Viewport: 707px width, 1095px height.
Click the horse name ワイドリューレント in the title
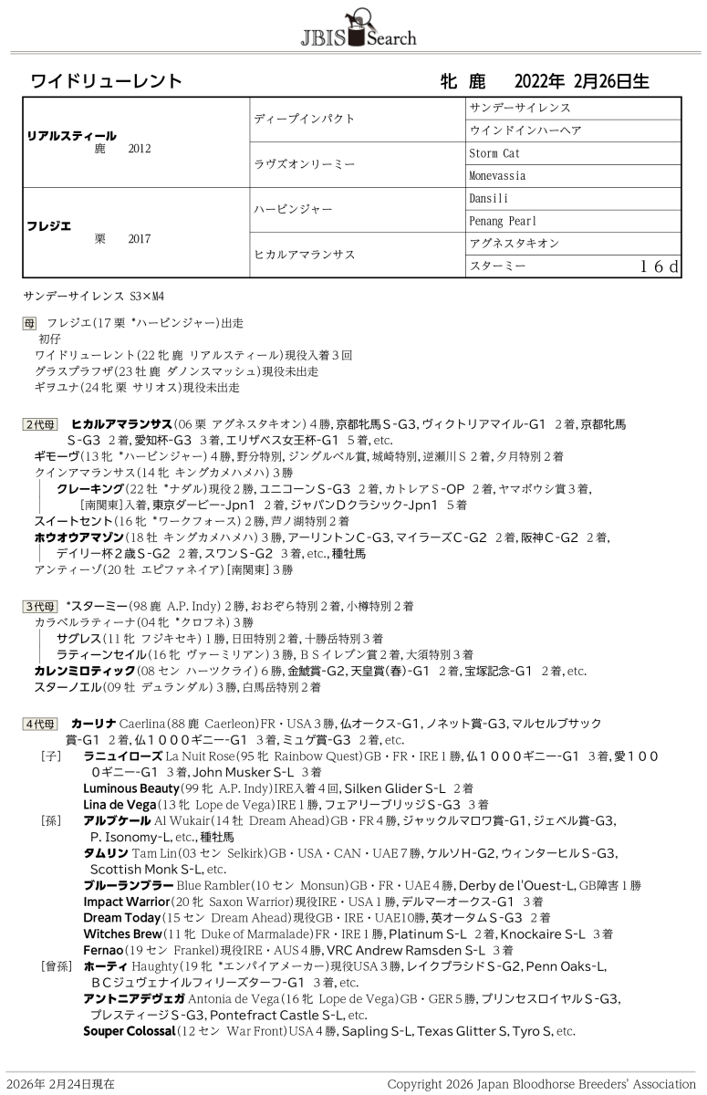coord(107,81)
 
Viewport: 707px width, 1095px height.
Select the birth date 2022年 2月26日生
coord(581,81)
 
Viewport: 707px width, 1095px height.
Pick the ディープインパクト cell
coord(304,119)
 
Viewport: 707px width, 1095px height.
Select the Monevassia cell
coord(497,176)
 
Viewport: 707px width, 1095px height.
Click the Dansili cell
coord(489,198)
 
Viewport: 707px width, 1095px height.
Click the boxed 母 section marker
coord(29,323)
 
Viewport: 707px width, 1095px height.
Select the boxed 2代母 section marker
coord(40,424)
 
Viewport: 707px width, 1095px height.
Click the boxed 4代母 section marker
coord(40,724)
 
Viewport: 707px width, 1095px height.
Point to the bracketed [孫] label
coord(51,820)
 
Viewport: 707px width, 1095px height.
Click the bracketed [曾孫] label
coord(55,966)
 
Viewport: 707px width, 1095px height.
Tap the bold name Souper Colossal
coord(129,1031)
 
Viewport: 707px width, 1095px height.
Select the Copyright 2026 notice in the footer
coord(541,1084)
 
